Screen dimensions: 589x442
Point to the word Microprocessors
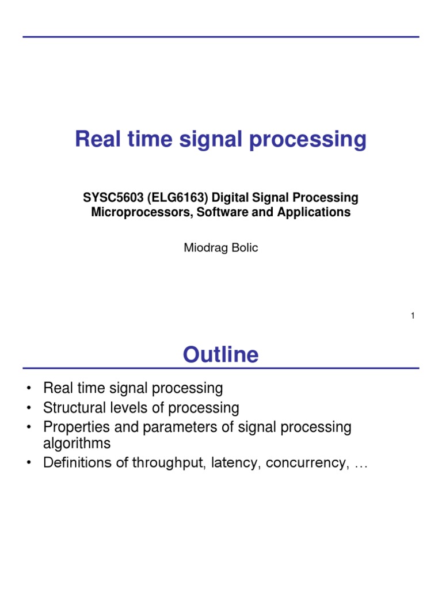tap(136, 212)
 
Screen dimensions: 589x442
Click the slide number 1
tap(413, 315)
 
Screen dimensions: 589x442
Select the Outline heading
tap(220, 354)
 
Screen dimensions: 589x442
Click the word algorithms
tap(77, 444)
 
